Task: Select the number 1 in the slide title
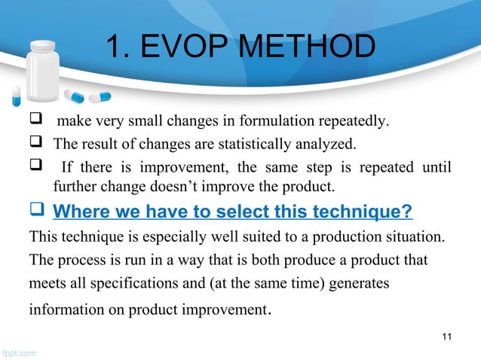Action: (x=114, y=47)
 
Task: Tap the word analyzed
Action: (x=309, y=144)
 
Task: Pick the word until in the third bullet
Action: (x=437, y=165)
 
